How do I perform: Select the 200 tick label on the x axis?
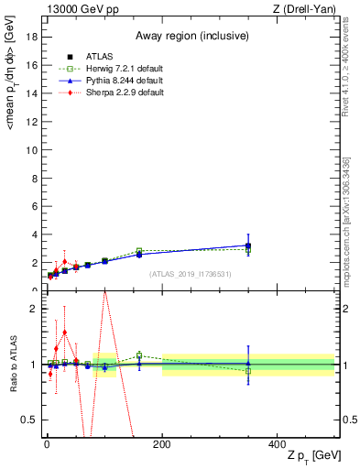(161, 445)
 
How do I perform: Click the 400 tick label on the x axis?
(277, 445)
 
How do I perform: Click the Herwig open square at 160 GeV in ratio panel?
(139, 355)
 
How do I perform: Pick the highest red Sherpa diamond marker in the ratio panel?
(64, 333)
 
